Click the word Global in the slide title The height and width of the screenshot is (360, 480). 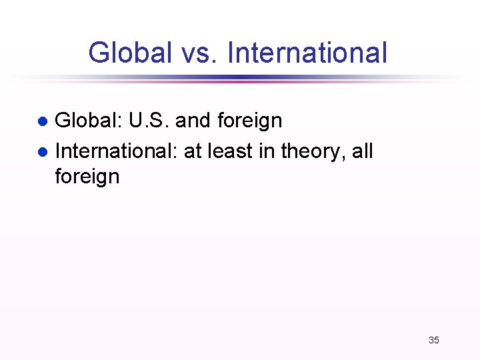(129, 53)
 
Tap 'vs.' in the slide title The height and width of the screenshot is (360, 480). (199, 53)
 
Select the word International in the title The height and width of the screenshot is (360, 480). (307, 53)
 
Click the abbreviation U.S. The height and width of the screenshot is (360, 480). (149, 121)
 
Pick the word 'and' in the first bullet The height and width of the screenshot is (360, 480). (193, 121)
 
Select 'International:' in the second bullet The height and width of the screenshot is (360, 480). (116, 151)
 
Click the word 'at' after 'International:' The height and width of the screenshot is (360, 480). (192, 151)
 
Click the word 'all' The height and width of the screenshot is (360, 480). (362, 151)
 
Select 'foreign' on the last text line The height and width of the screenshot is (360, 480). (87, 177)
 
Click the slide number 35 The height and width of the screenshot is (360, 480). (433, 340)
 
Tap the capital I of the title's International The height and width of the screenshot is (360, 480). (230, 53)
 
